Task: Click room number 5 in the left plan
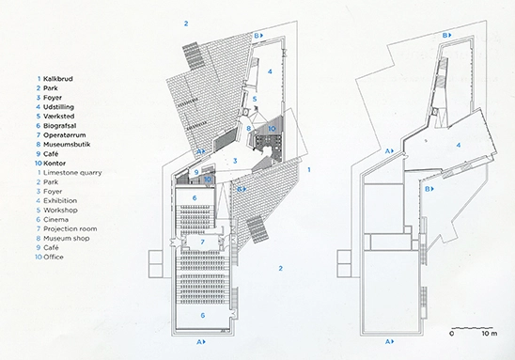click(254, 99)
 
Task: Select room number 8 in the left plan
click(248, 128)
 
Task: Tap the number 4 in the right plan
click(457, 146)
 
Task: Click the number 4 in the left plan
click(269, 70)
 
